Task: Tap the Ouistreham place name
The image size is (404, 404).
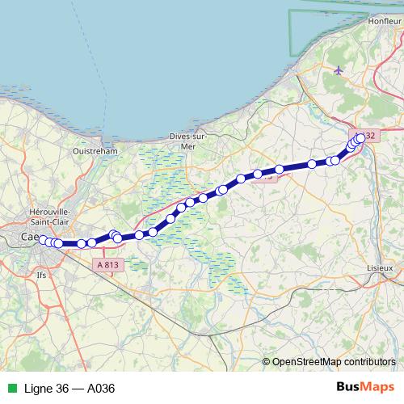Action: coord(95,150)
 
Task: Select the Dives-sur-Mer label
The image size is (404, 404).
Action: coord(187,141)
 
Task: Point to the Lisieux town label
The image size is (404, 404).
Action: coord(379,267)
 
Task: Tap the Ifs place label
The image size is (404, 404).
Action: coord(42,275)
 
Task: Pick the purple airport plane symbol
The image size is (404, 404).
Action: coord(339,70)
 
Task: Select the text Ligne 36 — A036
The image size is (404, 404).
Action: coord(69,388)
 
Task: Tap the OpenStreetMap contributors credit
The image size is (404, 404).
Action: coord(335,361)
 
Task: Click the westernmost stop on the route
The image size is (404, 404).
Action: coord(44,240)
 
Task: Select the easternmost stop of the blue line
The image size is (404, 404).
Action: coord(360,138)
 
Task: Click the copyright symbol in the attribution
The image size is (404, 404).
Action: coord(267,361)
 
